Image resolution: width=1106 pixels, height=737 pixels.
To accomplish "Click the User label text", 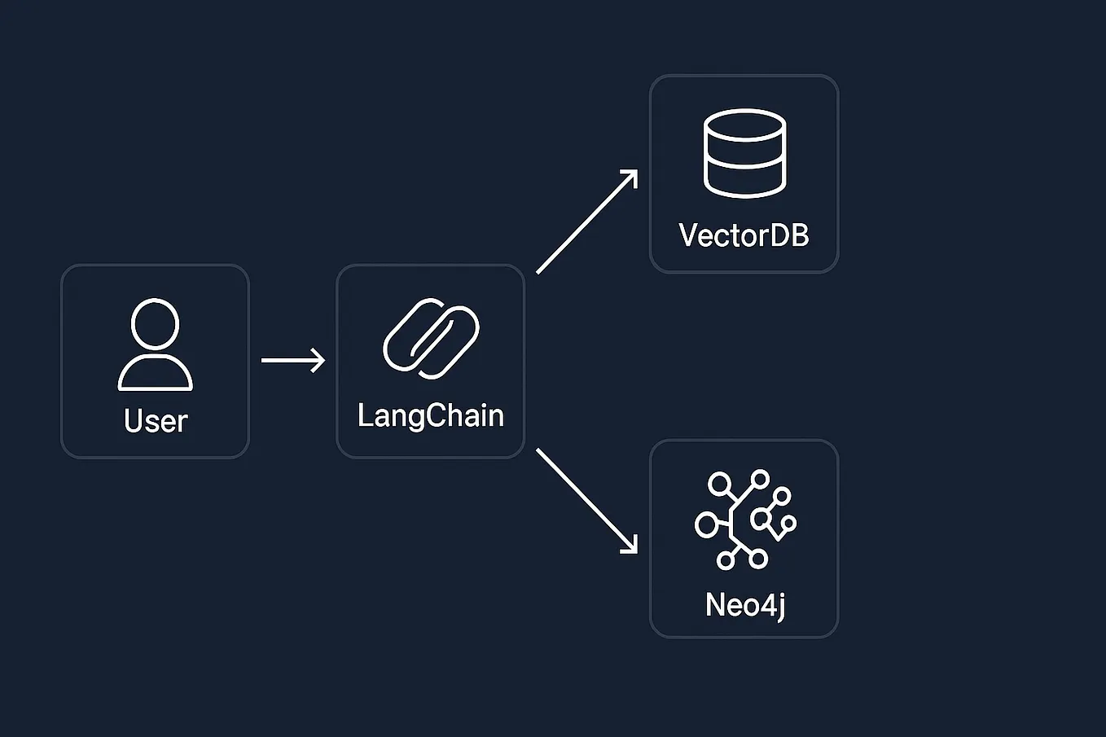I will click(x=156, y=421).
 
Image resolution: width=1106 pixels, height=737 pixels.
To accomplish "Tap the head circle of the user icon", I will click(x=155, y=323).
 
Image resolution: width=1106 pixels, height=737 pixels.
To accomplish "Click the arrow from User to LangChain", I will click(x=289, y=360).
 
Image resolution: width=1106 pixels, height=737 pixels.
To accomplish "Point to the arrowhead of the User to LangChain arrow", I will click(x=318, y=360).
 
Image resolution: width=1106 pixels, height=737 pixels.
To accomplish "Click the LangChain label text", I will click(x=430, y=416).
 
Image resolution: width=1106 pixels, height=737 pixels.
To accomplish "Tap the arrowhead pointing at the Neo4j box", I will click(x=630, y=546).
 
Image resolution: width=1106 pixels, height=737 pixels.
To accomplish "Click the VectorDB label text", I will click(x=744, y=235).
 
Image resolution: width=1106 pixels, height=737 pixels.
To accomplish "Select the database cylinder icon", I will click(x=744, y=153).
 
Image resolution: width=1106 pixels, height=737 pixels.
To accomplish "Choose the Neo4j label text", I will click(x=744, y=605).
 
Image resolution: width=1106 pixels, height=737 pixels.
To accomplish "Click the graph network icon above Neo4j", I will click(x=744, y=519).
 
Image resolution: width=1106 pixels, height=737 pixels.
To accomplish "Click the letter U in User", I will click(x=134, y=421).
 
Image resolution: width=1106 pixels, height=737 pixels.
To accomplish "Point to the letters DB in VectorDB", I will click(x=789, y=235).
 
